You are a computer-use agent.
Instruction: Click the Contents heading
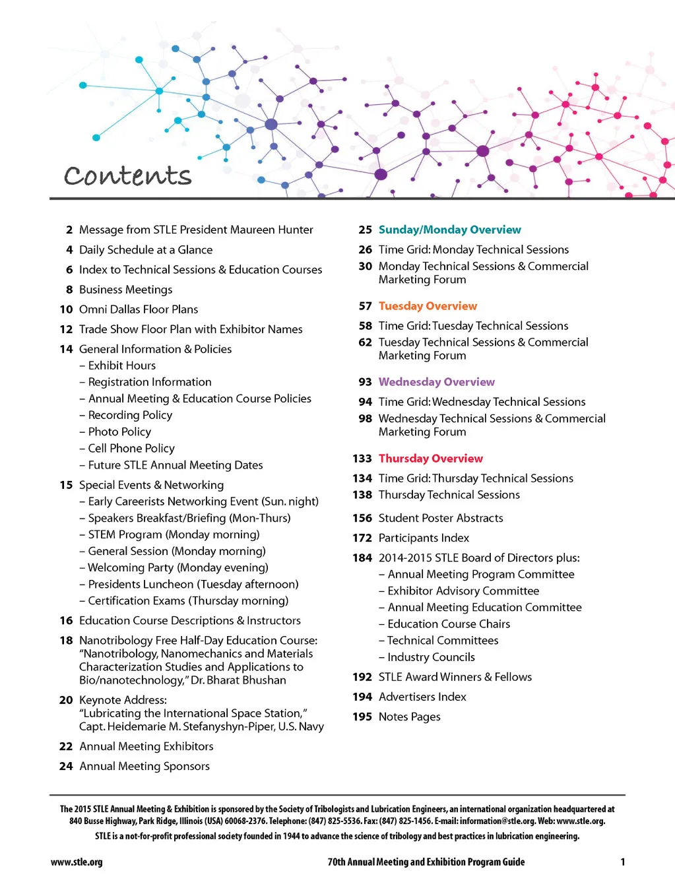127,176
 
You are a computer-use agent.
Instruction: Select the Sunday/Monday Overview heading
449,230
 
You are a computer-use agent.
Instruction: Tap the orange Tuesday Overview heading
428,306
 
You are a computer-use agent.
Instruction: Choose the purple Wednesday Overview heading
436,382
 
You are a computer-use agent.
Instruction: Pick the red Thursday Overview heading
430,459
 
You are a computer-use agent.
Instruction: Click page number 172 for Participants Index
362,538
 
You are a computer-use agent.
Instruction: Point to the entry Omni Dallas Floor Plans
139,309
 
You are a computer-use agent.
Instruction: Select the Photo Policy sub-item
119,432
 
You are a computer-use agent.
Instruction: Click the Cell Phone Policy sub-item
131,449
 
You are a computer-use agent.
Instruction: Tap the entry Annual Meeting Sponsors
145,767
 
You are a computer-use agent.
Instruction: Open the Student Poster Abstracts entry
441,519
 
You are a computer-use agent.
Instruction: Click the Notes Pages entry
409,717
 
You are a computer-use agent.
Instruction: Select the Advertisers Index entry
422,697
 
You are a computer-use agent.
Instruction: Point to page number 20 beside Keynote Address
66,700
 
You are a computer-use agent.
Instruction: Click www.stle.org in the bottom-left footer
77,862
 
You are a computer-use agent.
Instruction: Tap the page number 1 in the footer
622,862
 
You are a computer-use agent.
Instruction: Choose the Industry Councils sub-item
431,657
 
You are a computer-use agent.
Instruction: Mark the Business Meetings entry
125,290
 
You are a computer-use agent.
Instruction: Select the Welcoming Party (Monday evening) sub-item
178,568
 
